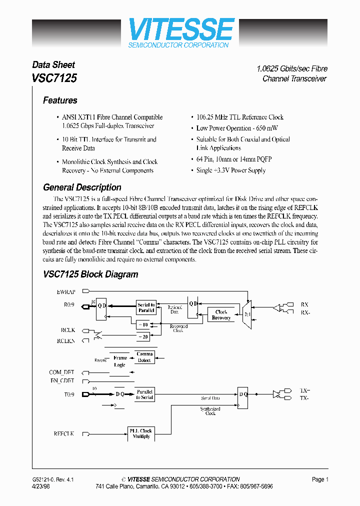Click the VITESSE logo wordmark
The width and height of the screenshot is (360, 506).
(181, 29)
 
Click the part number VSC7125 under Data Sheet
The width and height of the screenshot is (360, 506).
(54, 78)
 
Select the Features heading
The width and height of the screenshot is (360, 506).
(60, 100)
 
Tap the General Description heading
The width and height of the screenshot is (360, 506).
(82, 187)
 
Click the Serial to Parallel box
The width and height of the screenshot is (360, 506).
(146, 307)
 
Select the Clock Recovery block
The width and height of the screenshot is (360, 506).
(221, 315)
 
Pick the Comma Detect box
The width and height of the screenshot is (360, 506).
(144, 357)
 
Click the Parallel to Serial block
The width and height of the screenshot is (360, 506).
(144, 394)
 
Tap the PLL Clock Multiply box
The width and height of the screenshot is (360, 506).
(140, 433)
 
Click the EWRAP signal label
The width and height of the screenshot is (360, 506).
(66, 291)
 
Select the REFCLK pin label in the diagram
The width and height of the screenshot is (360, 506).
(64, 434)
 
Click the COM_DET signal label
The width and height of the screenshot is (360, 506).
(61, 372)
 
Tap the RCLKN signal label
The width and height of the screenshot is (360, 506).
(65, 340)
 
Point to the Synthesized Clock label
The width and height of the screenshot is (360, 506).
(210, 411)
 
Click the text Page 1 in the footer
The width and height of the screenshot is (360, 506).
(320, 479)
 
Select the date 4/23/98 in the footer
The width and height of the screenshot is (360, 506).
(41, 486)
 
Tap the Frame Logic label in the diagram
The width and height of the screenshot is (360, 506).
(120, 361)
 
